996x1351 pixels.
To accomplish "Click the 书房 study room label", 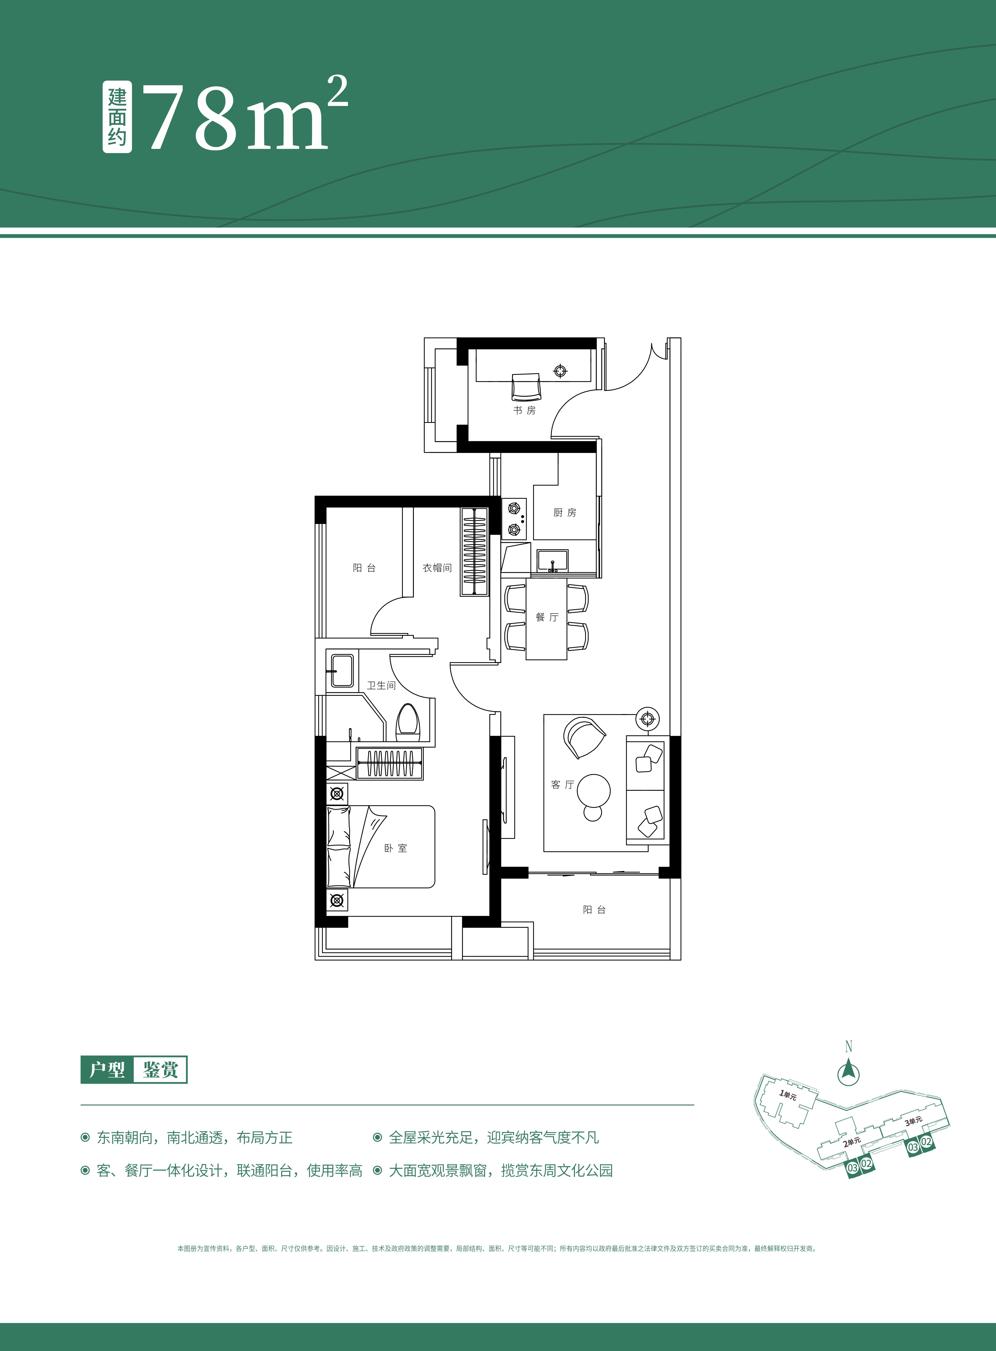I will click(524, 410).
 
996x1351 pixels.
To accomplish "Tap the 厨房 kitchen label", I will click(564, 513).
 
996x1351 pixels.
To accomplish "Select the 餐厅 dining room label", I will click(547, 617).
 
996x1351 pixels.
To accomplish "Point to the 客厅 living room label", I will click(562, 784).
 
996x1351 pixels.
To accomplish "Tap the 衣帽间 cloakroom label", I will click(437, 568).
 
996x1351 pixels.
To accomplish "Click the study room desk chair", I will click(526, 387).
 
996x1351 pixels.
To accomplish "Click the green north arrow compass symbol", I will click(848, 1073).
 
